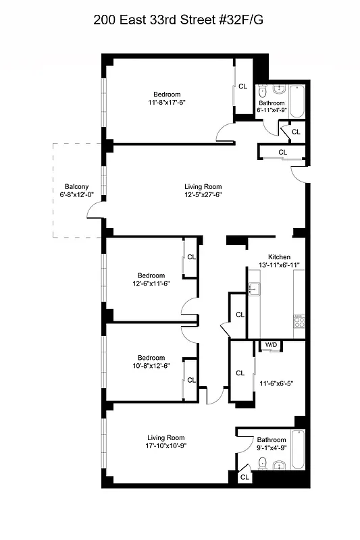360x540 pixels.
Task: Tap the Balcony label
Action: point(76,187)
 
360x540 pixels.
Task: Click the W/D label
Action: point(271,345)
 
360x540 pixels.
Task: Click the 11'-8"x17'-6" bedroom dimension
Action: point(167,103)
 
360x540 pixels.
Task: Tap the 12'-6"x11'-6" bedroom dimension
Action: point(151,284)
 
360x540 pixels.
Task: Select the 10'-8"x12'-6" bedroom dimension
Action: point(151,366)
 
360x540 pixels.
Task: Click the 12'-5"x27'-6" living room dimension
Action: point(203,195)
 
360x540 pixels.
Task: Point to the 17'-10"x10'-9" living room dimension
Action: point(166,446)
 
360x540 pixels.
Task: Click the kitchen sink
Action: point(254,291)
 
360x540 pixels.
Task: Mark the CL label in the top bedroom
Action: point(242,86)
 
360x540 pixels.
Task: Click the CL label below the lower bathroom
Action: point(245,477)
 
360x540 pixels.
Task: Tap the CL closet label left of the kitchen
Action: point(240,315)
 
